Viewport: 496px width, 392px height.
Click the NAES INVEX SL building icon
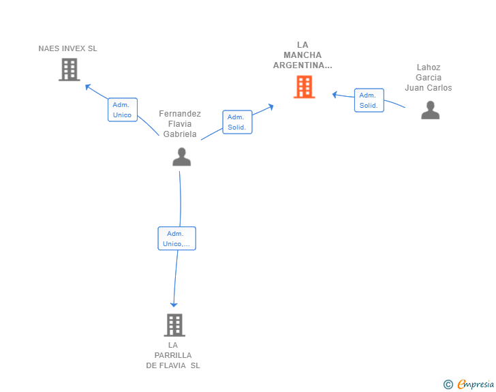(69, 70)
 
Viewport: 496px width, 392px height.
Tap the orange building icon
(305, 87)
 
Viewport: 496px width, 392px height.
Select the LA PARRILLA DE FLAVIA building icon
(174, 325)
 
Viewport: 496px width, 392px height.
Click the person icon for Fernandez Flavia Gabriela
(181, 157)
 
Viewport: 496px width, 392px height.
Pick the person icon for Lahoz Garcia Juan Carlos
(430, 110)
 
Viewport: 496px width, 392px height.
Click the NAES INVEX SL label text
(67, 48)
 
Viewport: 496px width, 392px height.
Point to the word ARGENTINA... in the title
(303, 65)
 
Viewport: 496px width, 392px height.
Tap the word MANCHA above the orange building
(303, 55)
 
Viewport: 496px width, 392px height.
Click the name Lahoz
(429, 67)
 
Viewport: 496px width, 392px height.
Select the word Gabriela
(180, 134)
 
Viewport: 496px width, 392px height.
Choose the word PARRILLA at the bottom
(173, 355)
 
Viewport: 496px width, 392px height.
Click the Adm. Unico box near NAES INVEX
(123, 110)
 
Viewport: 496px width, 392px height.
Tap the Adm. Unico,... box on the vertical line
(177, 239)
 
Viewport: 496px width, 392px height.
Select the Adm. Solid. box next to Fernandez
(237, 122)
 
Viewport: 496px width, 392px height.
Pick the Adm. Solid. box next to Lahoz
(369, 100)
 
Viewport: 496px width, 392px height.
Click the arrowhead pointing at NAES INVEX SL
(88, 87)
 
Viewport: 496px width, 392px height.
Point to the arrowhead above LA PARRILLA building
(174, 305)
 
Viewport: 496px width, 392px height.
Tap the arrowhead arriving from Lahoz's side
(335, 94)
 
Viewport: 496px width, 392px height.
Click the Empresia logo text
(476, 384)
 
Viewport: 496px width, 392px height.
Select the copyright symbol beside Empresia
(448, 385)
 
